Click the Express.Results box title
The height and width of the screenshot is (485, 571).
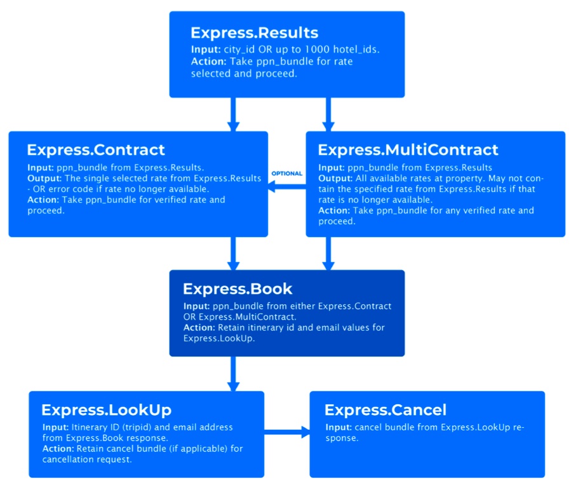(x=254, y=32)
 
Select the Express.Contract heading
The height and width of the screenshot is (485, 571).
(x=95, y=150)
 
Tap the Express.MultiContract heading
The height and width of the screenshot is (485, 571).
(x=408, y=150)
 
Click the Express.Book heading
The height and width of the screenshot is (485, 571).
(x=238, y=289)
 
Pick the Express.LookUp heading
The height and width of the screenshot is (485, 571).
(x=106, y=409)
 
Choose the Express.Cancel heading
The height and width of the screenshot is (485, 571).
(x=385, y=409)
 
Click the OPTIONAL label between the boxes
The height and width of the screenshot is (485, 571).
(x=286, y=174)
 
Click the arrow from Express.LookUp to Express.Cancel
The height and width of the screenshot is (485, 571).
(x=286, y=433)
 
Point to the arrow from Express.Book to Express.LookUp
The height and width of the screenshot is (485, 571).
(x=233, y=374)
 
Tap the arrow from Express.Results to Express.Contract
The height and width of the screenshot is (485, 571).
(x=233, y=114)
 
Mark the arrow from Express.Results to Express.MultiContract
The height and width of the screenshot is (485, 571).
(x=328, y=114)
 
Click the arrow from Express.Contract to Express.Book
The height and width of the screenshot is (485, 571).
(x=233, y=254)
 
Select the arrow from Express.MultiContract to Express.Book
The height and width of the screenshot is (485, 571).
(x=328, y=254)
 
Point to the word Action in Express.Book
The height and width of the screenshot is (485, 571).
(x=199, y=328)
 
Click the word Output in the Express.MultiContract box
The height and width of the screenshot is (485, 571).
(x=334, y=179)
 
